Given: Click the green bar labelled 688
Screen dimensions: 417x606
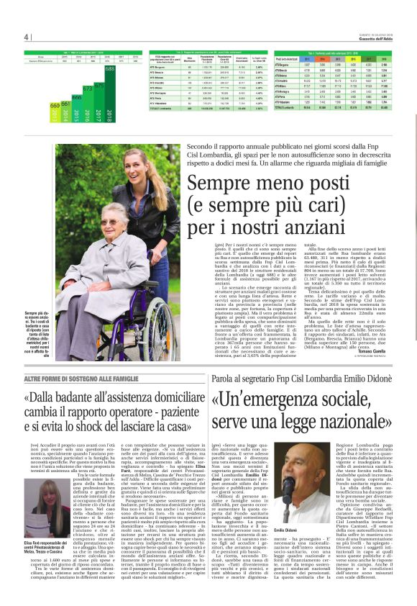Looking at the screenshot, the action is click(x=110, y=93).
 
